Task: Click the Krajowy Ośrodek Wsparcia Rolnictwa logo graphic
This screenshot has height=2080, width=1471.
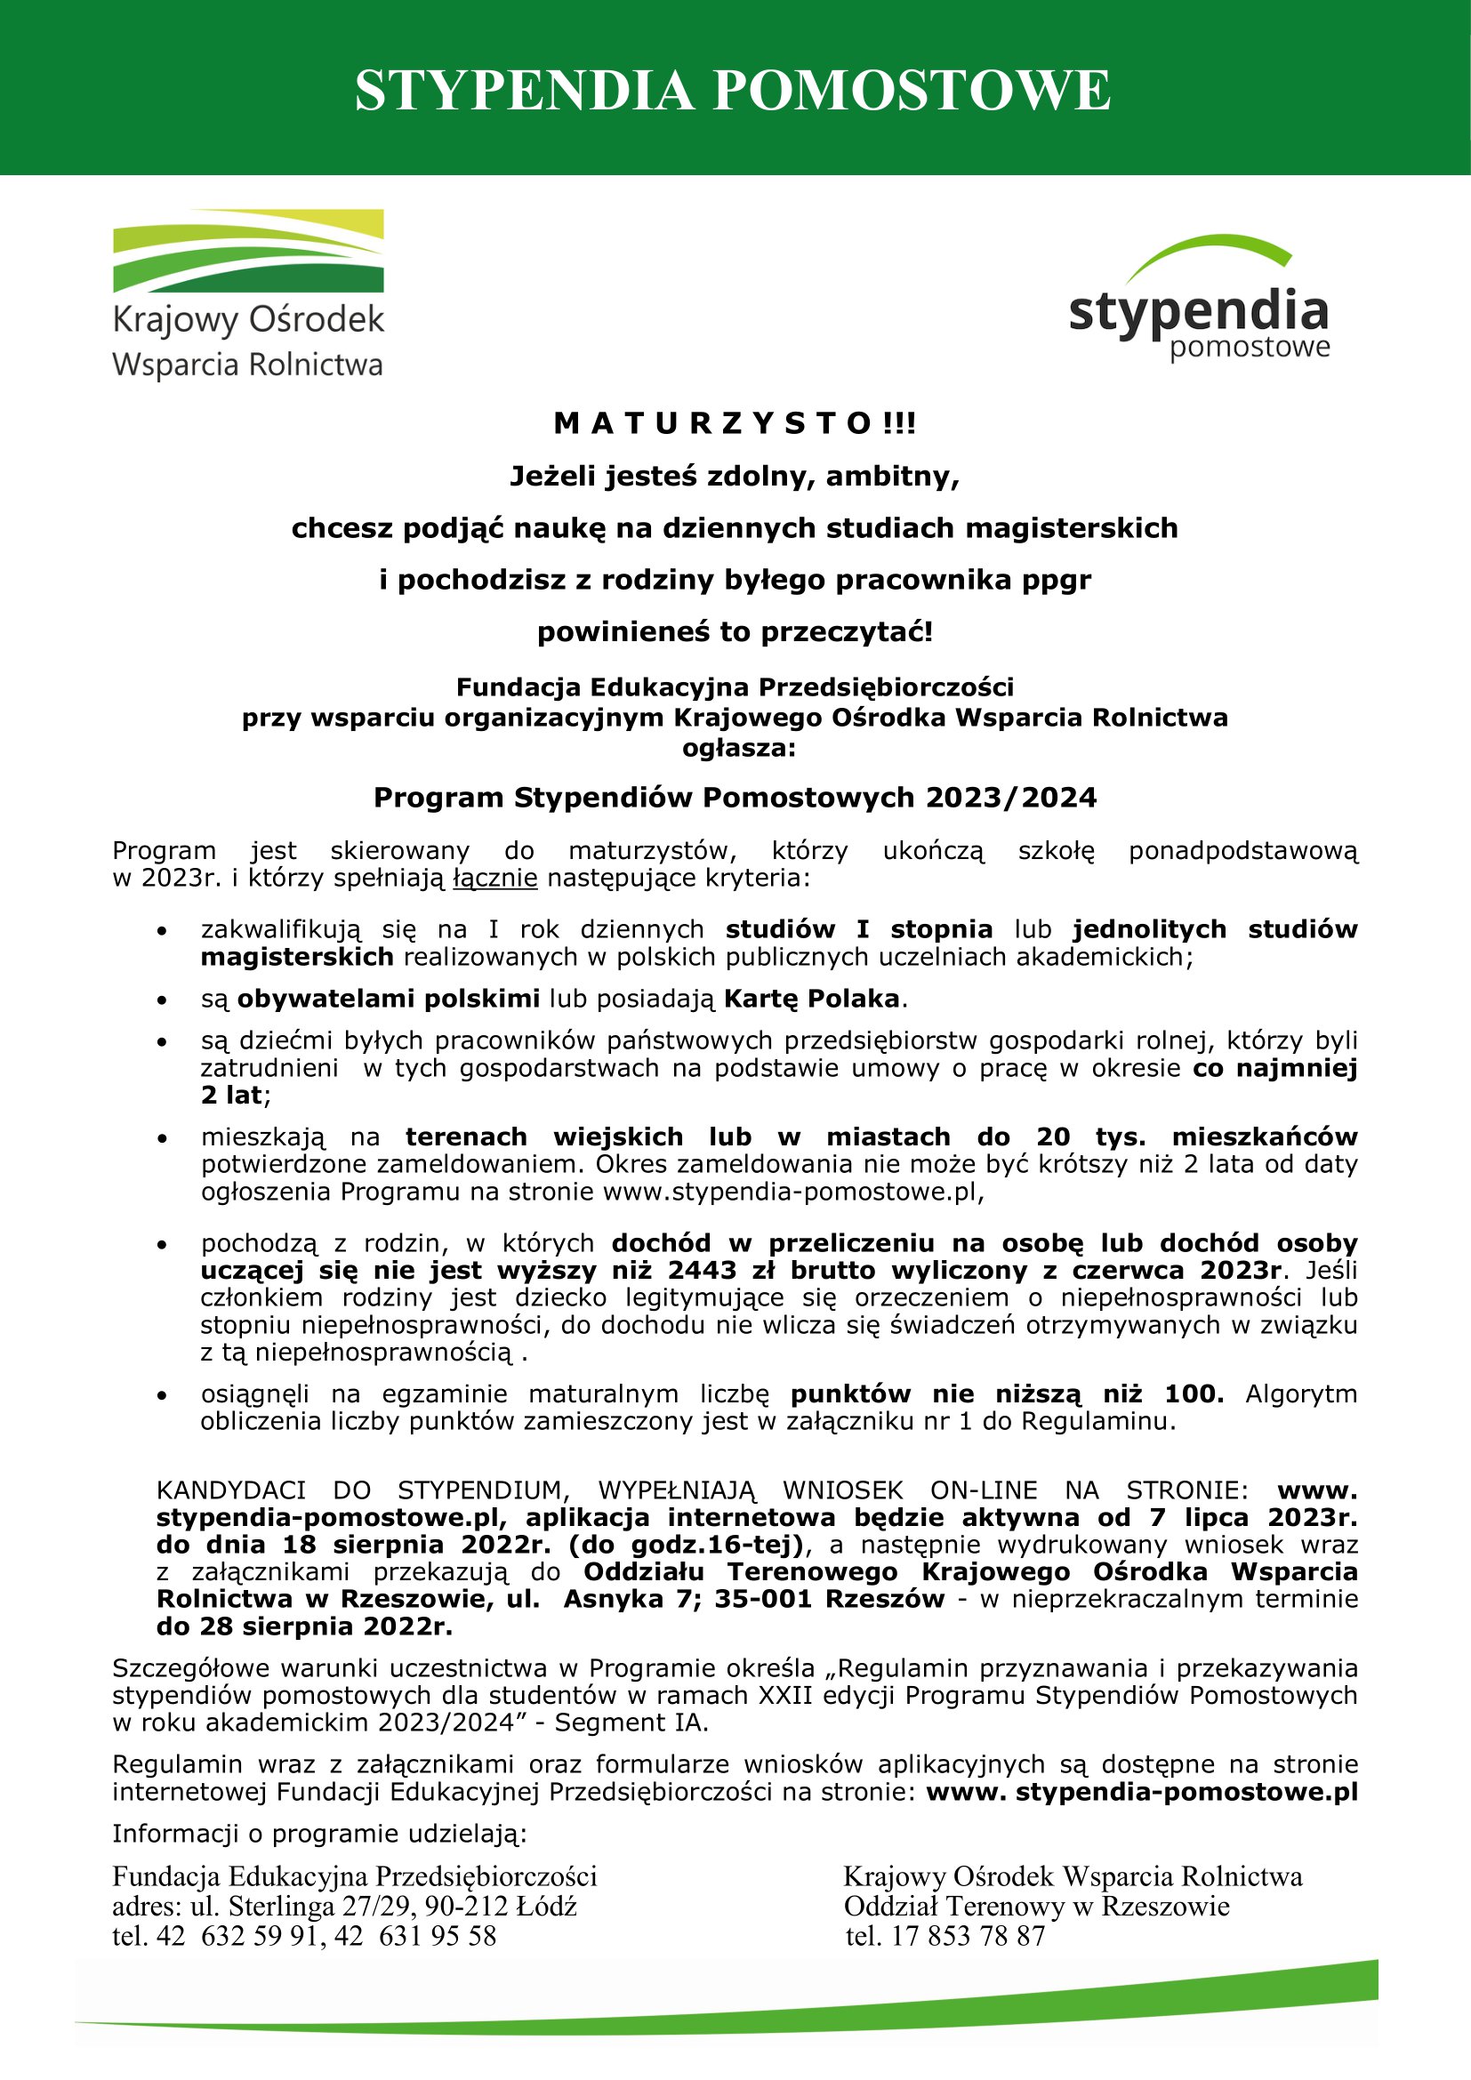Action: click(248, 252)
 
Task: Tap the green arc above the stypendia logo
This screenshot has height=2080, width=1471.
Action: click(1210, 254)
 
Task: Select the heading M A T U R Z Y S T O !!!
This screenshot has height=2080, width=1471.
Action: click(735, 423)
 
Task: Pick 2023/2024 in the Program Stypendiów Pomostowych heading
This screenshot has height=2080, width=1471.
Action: click(1011, 797)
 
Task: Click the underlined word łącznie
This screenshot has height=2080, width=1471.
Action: click(495, 878)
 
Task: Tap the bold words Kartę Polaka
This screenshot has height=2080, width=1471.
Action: click(812, 999)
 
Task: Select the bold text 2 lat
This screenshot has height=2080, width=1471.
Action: click(232, 1096)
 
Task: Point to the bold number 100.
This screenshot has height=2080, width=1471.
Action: click(1193, 1394)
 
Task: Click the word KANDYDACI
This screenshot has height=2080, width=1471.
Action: click(231, 1490)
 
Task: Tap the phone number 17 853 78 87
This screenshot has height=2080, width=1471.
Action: click(969, 1936)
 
